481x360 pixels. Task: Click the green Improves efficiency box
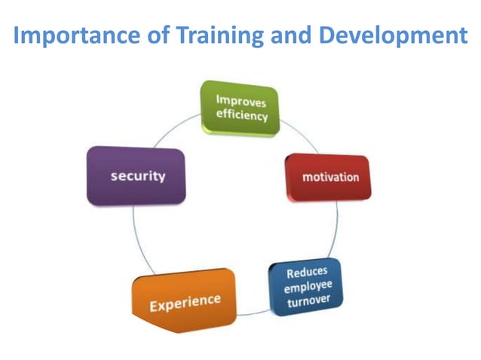coord(240,108)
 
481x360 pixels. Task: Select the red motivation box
coord(329,178)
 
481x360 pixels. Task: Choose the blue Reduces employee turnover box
coord(305,285)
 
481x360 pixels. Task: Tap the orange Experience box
coord(184,302)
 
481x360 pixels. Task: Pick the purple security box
coord(136,175)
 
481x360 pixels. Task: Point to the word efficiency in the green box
coord(241,117)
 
